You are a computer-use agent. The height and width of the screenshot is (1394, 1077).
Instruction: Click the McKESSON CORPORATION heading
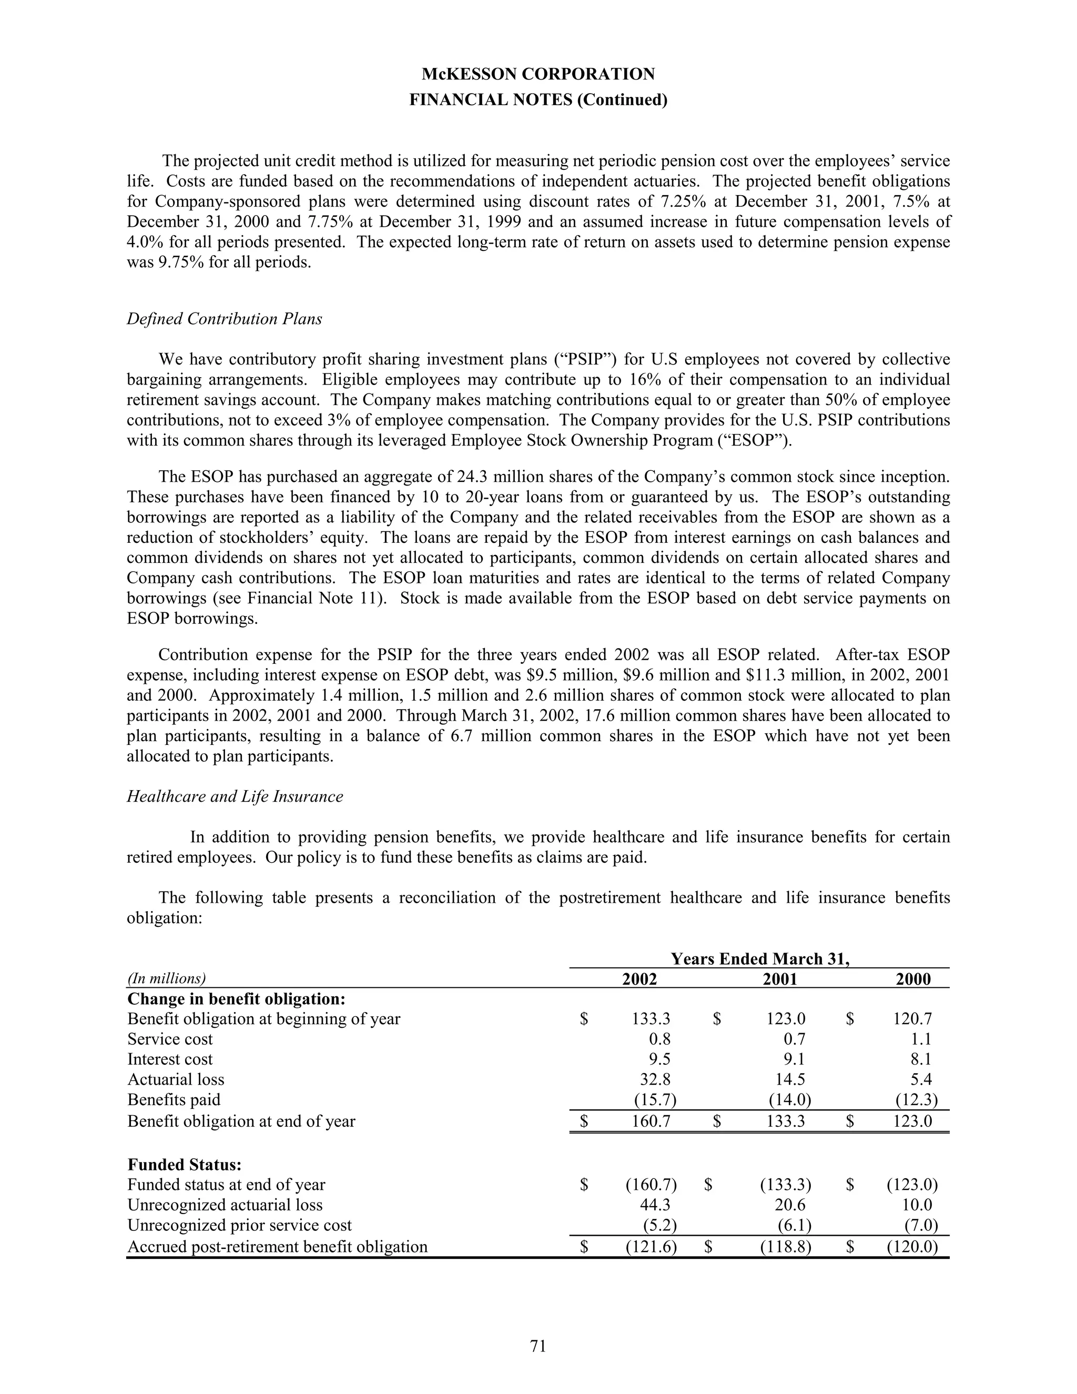pos(538,74)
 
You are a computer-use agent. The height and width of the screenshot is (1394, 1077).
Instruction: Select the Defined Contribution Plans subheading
pos(224,318)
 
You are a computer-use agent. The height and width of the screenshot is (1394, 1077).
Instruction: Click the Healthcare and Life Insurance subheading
pos(235,796)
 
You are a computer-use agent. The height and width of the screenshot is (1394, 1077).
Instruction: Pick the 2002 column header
pos(639,979)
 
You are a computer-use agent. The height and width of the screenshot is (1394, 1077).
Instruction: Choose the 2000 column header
pos(913,979)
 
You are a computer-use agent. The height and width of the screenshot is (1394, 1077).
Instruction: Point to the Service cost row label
pos(170,1038)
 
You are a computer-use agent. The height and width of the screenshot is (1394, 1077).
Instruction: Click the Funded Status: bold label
pos(185,1164)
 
